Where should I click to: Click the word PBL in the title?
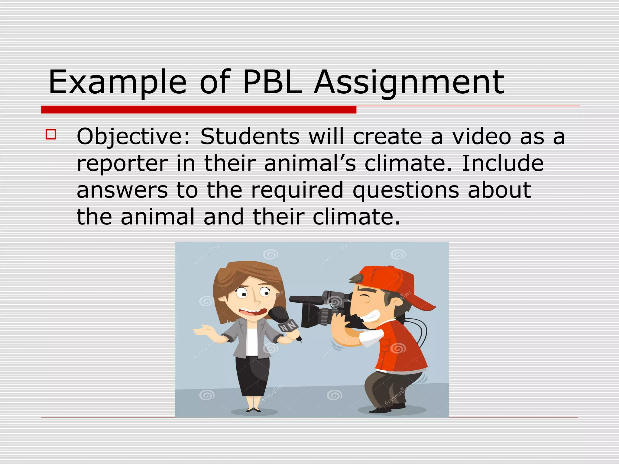[272, 82]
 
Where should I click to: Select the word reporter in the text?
[122, 163]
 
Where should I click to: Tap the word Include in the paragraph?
[503, 163]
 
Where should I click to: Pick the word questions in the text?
[406, 190]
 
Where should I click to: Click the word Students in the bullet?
[250, 136]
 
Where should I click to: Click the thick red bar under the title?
[199, 110]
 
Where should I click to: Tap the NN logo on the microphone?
[287, 326]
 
